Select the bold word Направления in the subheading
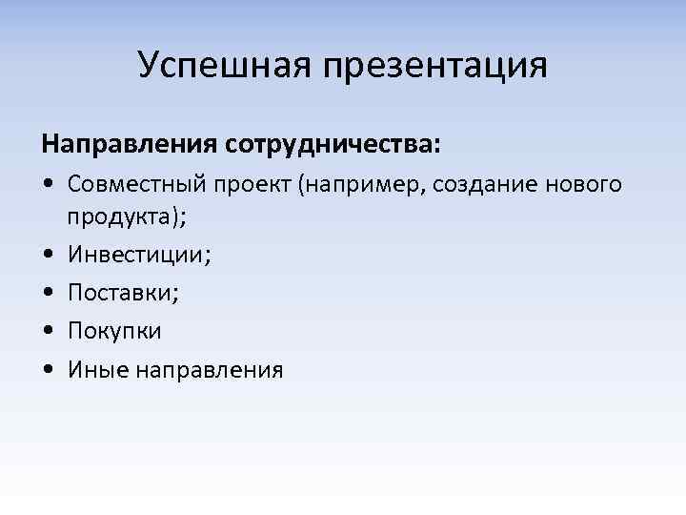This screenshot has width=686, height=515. click(x=130, y=145)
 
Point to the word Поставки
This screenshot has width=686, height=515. click(x=123, y=293)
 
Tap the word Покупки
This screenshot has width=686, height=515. click(x=114, y=331)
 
